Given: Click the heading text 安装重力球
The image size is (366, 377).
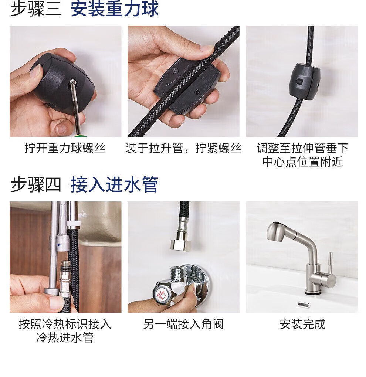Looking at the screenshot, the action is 115,9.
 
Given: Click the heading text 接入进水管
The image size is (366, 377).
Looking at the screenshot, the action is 115,185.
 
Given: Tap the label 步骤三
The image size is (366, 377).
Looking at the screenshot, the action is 36,9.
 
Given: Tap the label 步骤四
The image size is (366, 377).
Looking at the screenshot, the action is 36,185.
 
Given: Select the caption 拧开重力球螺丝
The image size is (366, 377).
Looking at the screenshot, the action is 65,148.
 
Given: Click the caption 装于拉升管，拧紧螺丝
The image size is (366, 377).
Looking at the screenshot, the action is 183,148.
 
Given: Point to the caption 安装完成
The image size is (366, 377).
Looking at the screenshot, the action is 302,324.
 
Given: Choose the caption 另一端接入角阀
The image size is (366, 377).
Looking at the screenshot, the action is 183,324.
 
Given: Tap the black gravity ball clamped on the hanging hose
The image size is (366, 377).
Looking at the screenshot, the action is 304,82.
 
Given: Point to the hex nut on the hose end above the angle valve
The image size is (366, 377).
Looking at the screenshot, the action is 180,245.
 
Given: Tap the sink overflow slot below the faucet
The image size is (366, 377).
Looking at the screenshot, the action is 304,305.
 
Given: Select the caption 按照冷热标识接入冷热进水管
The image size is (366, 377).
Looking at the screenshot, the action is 65,331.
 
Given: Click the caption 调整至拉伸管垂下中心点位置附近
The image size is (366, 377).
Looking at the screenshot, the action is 302,155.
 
